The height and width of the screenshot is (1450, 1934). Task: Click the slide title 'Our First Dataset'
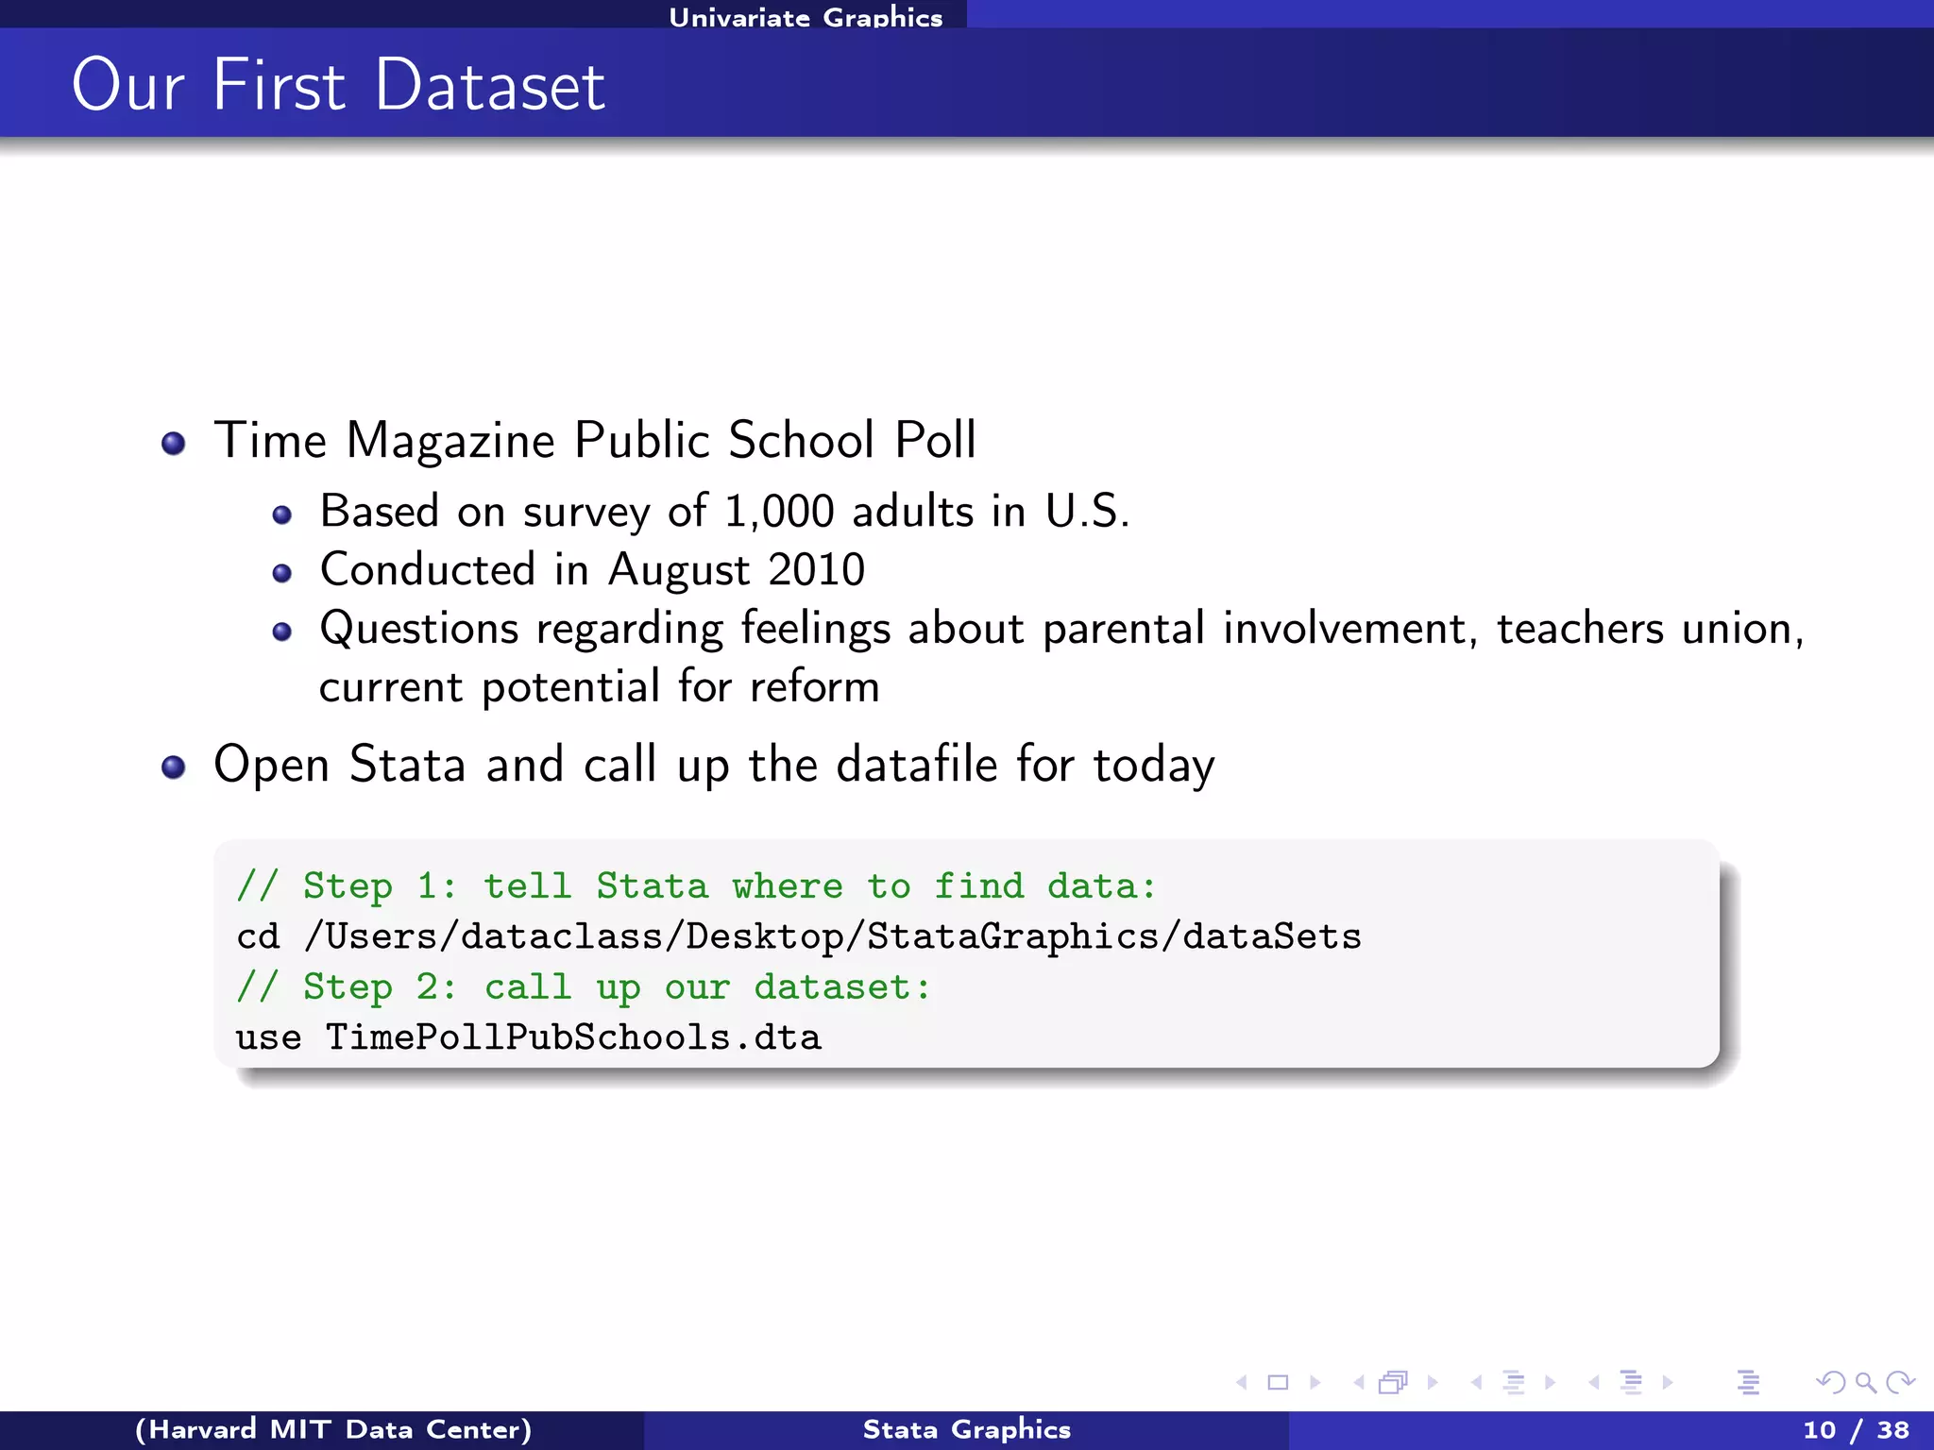click(x=338, y=85)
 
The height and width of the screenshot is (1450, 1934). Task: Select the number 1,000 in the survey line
click(x=779, y=512)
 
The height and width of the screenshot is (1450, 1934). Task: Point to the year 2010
click(x=817, y=569)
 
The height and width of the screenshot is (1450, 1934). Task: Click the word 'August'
click(x=679, y=570)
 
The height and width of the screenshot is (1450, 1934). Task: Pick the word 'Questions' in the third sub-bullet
click(x=419, y=629)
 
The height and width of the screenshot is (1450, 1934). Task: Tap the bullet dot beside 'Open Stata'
click(x=174, y=767)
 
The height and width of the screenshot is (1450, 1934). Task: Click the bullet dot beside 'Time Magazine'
click(x=174, y=443)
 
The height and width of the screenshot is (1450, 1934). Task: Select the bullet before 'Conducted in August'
click(x=281, y=573)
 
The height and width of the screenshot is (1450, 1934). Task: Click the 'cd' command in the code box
click(x=258, y=936)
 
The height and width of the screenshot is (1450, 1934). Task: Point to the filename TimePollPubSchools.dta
click(x=573, y=1037)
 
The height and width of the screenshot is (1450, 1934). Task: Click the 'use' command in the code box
click(x=268, y=1037)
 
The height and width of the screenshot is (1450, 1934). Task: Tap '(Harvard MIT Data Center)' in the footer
click(x=333, y=1429)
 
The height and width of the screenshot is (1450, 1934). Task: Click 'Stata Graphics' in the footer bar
click(x=966, y=1429)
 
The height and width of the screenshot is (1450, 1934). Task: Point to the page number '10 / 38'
click(x=1856, y=1429)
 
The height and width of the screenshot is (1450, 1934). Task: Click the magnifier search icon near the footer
click(x=1865, y=1383)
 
